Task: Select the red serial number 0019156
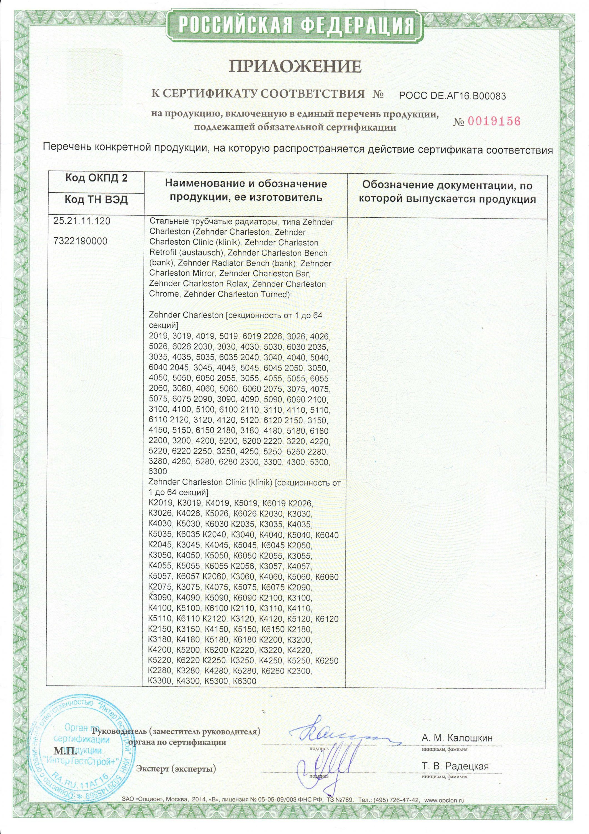point(494,121)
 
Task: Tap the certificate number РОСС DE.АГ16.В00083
point(452,96)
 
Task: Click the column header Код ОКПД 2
point(96,178)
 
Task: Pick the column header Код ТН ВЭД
point(96,200)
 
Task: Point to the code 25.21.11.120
point(82,221)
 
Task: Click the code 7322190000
point(80,241)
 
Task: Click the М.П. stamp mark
point(65,740)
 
